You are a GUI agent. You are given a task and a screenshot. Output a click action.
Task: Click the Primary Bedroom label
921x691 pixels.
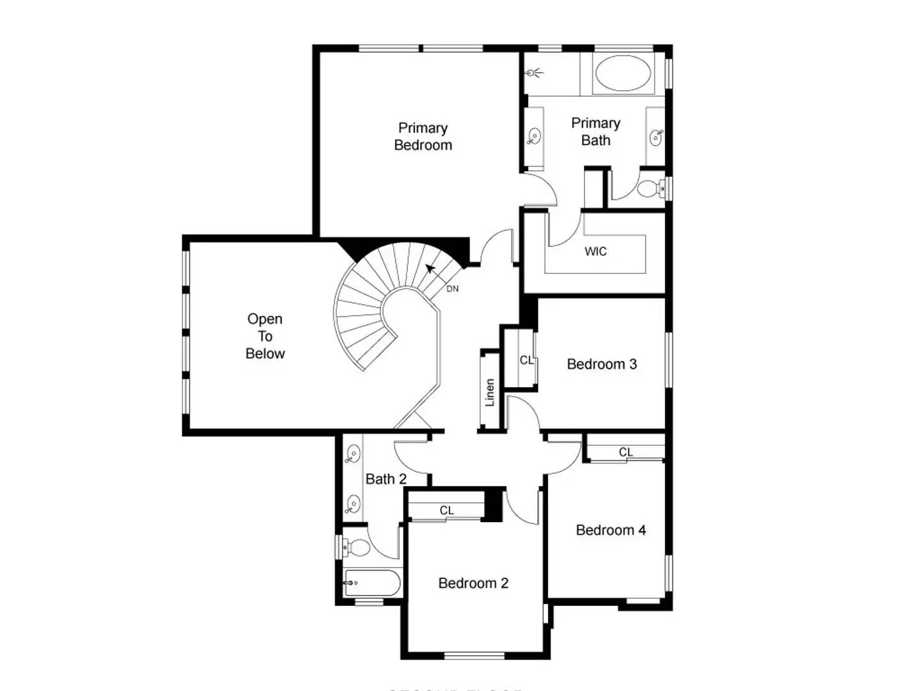423,137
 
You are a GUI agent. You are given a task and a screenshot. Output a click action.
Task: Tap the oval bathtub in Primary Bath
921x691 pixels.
622,73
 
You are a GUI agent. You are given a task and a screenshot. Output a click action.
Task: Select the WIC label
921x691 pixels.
595,251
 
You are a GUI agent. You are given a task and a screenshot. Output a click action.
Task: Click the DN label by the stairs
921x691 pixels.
452,289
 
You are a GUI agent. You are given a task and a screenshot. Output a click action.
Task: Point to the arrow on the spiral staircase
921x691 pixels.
430,268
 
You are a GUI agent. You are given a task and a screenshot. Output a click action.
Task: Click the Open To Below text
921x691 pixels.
265,336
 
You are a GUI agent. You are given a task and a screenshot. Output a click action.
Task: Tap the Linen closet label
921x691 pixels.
490,392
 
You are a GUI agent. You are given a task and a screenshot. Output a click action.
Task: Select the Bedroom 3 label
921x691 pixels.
601,364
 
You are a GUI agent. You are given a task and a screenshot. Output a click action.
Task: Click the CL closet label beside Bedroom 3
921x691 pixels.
526,360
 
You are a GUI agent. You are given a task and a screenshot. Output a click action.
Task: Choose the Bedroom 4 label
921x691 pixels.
610,530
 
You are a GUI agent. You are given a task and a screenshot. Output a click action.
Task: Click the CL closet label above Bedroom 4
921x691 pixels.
626,452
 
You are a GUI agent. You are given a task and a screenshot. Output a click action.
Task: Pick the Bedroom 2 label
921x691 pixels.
473,583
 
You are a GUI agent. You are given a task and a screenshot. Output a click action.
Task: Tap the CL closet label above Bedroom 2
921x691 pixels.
446,510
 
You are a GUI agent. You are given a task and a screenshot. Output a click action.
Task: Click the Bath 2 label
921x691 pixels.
386,479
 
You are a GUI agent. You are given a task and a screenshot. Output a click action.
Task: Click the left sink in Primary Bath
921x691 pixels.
534,136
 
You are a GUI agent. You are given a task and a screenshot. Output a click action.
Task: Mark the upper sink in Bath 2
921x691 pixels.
352,455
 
